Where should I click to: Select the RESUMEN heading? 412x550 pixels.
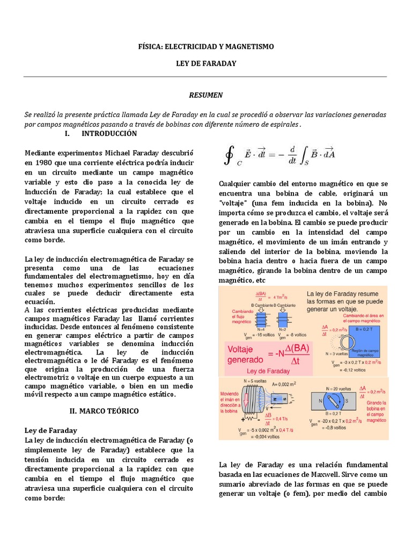205,95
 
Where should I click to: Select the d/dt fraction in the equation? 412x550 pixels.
292,155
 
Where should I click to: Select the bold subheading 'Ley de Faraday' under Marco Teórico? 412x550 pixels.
51,431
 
